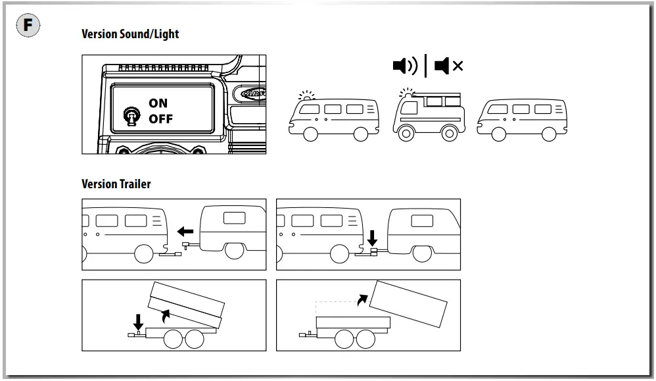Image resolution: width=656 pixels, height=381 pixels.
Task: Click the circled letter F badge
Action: [28, 26]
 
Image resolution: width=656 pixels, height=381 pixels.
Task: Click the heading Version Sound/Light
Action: [129, 34]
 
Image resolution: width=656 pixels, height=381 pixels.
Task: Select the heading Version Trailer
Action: [116, 184]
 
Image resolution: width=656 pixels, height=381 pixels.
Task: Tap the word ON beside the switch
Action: [158, 103]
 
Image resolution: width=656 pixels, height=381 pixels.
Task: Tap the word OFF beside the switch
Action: [160, 119]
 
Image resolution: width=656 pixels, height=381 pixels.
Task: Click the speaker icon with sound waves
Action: [404, 66]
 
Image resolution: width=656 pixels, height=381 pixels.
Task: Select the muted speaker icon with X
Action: [449, 66]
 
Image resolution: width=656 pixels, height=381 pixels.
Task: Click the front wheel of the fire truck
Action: [404, 134]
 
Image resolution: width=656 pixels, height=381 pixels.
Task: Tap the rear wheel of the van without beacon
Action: [549, 134]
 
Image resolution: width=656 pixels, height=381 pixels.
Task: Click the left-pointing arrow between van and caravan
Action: [185, 232]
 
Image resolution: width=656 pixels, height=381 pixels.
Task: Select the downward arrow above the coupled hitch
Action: [372, 236]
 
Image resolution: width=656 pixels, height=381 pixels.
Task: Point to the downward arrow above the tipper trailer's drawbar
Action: [138, 322]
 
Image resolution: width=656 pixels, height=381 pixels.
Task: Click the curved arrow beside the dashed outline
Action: [362, 299]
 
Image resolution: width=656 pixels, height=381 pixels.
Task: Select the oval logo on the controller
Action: [253, 93]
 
